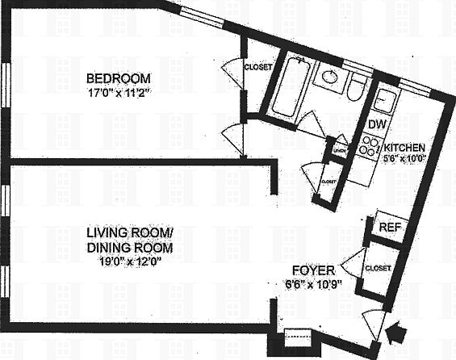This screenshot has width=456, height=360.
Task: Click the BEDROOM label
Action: (119, 78)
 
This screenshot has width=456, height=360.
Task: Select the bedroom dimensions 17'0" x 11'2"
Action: (119, 92)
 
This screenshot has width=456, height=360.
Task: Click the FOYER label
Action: (311, 271)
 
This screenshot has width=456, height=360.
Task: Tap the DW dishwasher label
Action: (376, 125)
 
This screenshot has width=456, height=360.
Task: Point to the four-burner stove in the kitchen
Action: (370, 146)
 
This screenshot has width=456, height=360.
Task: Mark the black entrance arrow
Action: (396, 331)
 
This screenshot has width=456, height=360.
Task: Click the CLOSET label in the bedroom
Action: (257, 67)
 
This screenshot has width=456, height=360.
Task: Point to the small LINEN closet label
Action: (340, 149)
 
